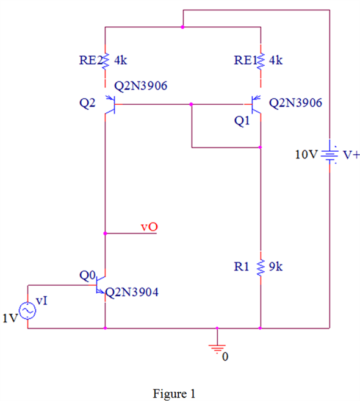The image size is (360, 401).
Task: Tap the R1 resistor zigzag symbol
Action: pos(261,268)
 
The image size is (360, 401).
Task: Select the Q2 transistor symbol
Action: pos(110,105)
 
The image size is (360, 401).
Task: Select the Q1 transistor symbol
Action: pos(256,105)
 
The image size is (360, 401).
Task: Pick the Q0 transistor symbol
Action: pos(101,285)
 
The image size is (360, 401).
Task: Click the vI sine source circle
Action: pos(27,310)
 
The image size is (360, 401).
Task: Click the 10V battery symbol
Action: pos(329,154)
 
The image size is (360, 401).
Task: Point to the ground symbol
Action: pos(217,349)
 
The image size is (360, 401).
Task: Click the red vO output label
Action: pos(149,227)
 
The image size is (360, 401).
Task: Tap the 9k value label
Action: pos(276,267)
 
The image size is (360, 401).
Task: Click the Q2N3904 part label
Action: pos(132,292)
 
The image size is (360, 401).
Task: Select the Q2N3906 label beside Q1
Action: pos(295,103)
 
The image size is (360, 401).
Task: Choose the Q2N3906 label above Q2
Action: pos(140,86)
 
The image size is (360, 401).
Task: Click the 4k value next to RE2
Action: pos(121,60)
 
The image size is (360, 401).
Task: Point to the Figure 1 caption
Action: pos(174,394)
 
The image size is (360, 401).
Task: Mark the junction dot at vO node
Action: pos(105,233)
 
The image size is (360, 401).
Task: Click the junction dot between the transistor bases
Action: pos(191,104)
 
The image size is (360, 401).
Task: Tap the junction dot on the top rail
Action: pos(182,27)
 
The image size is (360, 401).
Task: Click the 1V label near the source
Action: pos(10,318)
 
